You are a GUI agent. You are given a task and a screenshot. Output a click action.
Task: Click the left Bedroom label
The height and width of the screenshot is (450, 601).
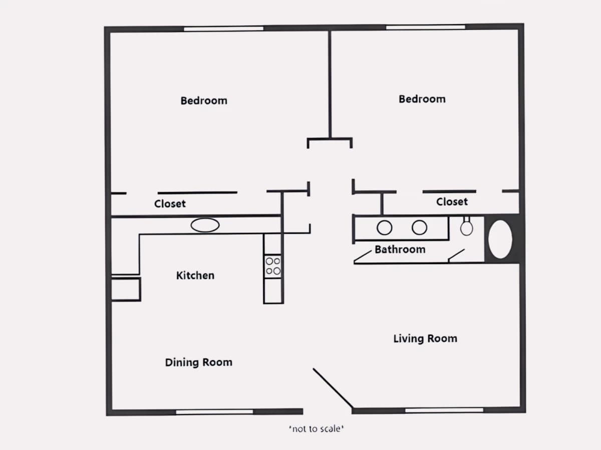pyautogui.click(x=204, y=101)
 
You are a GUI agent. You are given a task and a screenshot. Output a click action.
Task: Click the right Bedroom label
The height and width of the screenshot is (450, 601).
pyautogui.click(x=422, y=99)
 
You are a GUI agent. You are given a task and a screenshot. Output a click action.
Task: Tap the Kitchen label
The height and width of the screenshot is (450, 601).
pyautogui.click(x=195, y=275)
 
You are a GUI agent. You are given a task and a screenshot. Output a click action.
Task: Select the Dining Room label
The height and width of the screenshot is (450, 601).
pyautogui.click(x=198, y=362)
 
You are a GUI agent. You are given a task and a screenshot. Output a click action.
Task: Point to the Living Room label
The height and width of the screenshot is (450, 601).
pyautogui.click(x=425, y=338)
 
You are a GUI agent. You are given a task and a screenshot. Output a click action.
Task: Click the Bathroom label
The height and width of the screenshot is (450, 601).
pyautogui.click(x=400, y=249)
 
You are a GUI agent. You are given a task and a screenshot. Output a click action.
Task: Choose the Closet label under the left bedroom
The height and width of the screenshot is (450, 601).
pyautogui.click(x=170, y=204)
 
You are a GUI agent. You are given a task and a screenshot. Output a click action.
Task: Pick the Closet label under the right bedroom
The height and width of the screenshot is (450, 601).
pyautogui.click(x=452, y=202)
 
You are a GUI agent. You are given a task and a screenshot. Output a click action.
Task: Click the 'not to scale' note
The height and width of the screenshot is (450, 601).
pyautogui.click(x=316, y=428)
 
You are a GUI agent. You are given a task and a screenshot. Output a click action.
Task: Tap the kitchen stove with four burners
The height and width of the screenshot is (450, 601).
pyautogui.click(x=273, y=266)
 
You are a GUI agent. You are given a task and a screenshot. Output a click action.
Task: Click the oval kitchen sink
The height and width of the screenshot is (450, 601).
pyautogui.click(x=205, y=225)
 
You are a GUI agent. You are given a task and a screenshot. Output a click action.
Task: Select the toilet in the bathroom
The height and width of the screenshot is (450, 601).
pyautogui.click(x=467, y=226)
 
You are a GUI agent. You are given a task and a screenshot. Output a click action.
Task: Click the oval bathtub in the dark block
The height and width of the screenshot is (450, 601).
pyautogui.click(x=500, y=239)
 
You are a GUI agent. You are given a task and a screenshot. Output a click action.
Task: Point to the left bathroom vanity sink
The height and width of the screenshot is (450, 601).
pyautogui.click(x=385, y=227)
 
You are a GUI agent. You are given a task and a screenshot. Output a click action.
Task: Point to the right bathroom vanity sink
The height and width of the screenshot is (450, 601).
pyautogui.click(x=420, y=227)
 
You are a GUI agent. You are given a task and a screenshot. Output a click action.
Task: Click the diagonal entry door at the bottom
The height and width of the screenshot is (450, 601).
pyautogui.click(x=333, y=388)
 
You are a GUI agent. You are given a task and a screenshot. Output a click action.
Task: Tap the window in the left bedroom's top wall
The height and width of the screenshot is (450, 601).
pyautogui.click(x=223, y=29)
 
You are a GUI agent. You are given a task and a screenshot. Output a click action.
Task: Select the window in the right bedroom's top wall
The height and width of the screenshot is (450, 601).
pyautogui.click(x=426, y=27)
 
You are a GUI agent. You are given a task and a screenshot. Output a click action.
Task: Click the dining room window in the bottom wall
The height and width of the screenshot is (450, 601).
pyautogui.click(x=214, y=411)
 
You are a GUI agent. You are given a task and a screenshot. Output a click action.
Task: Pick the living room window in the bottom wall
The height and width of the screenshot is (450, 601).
pyautogui.click(x=444, y=410)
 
